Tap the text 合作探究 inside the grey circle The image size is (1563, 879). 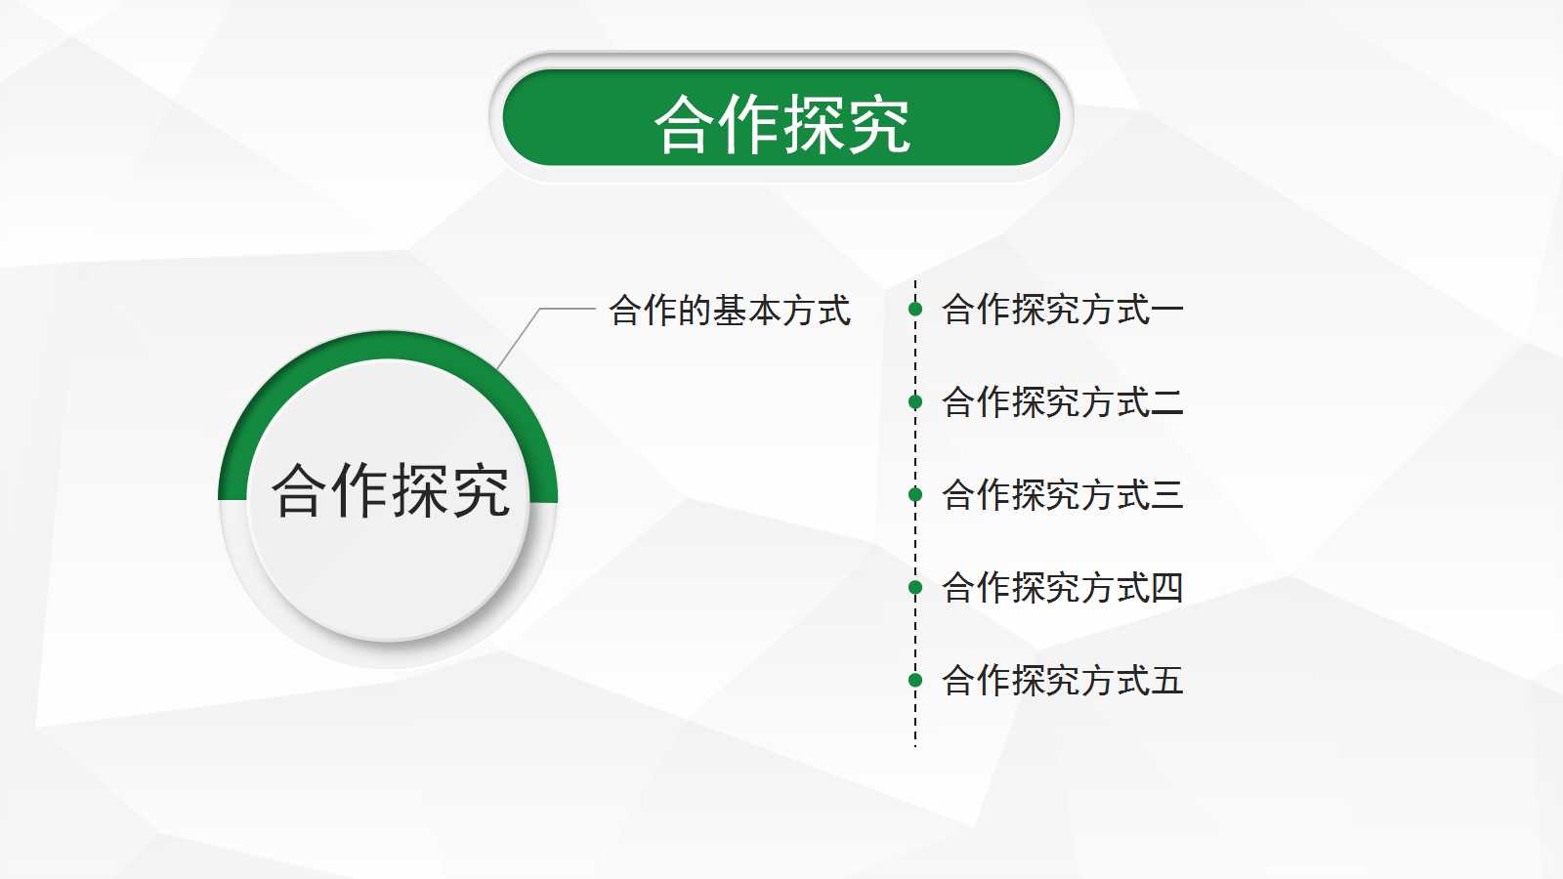(391, 490)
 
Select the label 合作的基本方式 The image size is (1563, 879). (730, 311)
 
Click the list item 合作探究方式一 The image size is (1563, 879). (1062, 310)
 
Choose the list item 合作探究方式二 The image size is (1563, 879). (1062, 402)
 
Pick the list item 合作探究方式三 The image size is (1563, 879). (1062, 495)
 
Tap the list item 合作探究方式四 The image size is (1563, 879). (1062, 588)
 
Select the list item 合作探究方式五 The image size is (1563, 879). (1062, 681)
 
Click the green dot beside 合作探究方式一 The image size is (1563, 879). (915, 310)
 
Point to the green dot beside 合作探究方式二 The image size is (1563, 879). (915, 401)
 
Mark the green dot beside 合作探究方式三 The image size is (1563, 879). (915, 494)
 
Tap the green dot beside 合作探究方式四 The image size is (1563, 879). (915, 587)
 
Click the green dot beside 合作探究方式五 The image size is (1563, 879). (915, 680)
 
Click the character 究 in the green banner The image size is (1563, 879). (878, 125)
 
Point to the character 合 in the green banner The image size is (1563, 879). (686, 125)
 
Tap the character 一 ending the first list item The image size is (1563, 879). (1167, 311)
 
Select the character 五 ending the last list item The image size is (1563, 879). (1167, 681)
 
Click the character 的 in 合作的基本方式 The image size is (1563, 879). (695, 311)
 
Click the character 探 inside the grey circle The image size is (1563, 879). (421, 490)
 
